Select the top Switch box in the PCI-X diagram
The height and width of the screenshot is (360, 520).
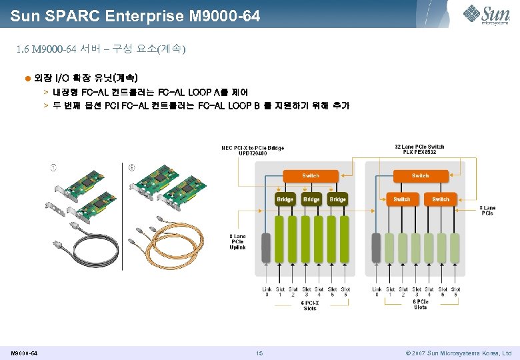point(311,176)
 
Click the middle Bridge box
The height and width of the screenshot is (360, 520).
point(311,199)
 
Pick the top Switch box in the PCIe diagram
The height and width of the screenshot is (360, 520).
point(421,176)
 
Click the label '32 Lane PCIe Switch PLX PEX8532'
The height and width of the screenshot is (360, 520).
point(419,149)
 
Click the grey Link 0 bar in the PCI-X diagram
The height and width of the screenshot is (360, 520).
point(266,247)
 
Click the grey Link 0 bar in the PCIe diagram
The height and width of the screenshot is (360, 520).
point(376,247)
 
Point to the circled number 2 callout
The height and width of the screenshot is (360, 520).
point(131,166)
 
